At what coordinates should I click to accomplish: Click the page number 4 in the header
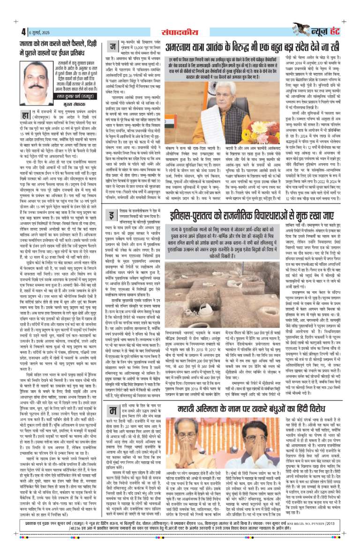(x=22, y=32)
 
